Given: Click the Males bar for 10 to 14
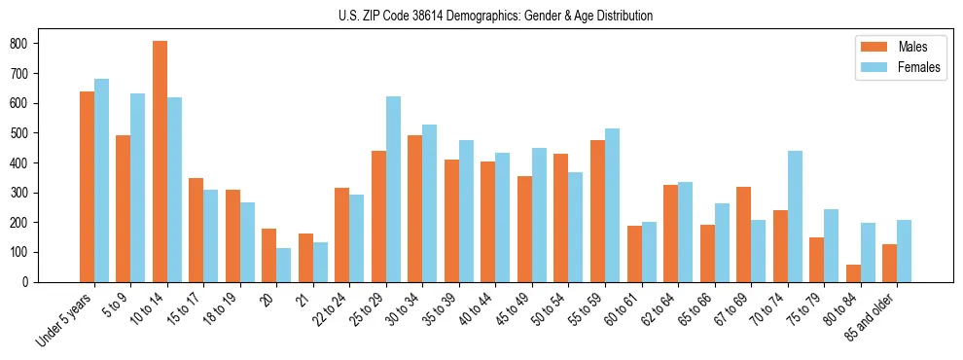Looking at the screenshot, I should [160, 162].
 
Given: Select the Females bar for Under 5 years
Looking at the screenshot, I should [101, 180].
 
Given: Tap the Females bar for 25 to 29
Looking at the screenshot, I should [393, 189].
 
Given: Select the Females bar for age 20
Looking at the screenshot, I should [283, 265].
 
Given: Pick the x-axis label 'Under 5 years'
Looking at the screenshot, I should [65, 320].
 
